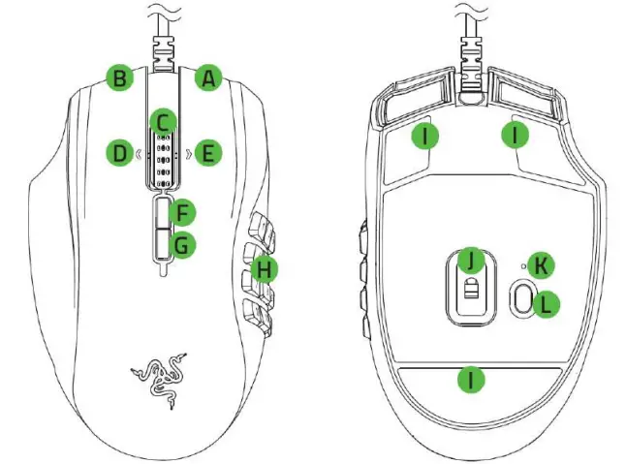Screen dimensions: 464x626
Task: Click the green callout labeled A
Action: (206, 78)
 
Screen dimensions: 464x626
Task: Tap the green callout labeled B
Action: (119, 78)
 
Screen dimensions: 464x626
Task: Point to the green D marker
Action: (121, 152)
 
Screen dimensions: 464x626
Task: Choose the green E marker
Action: (206, 152)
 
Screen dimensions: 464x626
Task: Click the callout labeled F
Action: (181, 211)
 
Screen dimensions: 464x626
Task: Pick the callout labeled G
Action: (181, 245)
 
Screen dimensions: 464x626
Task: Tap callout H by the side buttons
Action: (263, 271)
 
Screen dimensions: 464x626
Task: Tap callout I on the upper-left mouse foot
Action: (423, 136)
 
